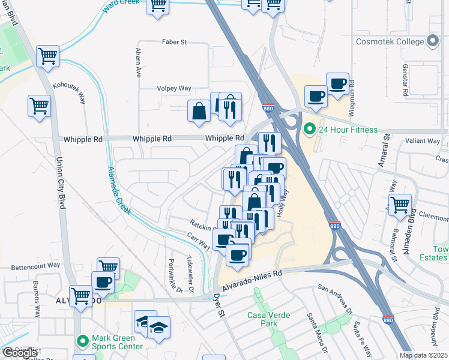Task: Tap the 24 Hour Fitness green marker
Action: (x=310, y=129)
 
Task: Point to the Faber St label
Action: (x=175, y=42)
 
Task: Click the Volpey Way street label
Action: (x=174, y=88)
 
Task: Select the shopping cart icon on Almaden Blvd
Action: (x=400, y=205)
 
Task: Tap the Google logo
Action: (x=19, y=353)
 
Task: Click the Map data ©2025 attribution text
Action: (x=424, y=355)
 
